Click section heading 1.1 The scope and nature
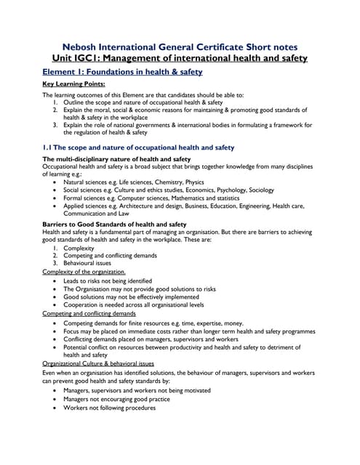pos(138,147)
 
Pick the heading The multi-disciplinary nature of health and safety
pos(116,158)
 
